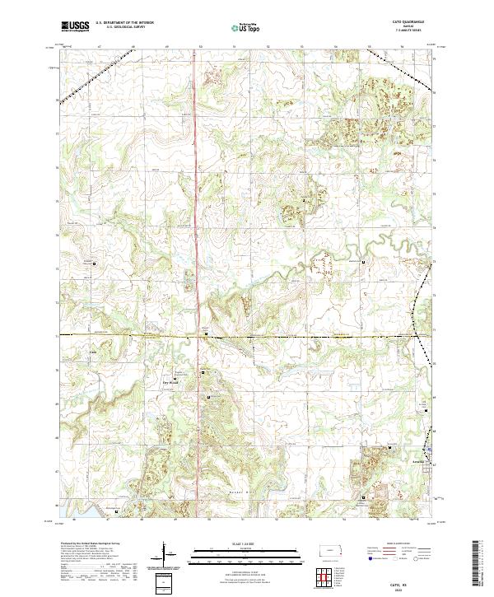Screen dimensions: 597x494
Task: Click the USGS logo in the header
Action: coord(75,26)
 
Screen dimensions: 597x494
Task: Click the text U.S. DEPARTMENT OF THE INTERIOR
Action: coord(124,23)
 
